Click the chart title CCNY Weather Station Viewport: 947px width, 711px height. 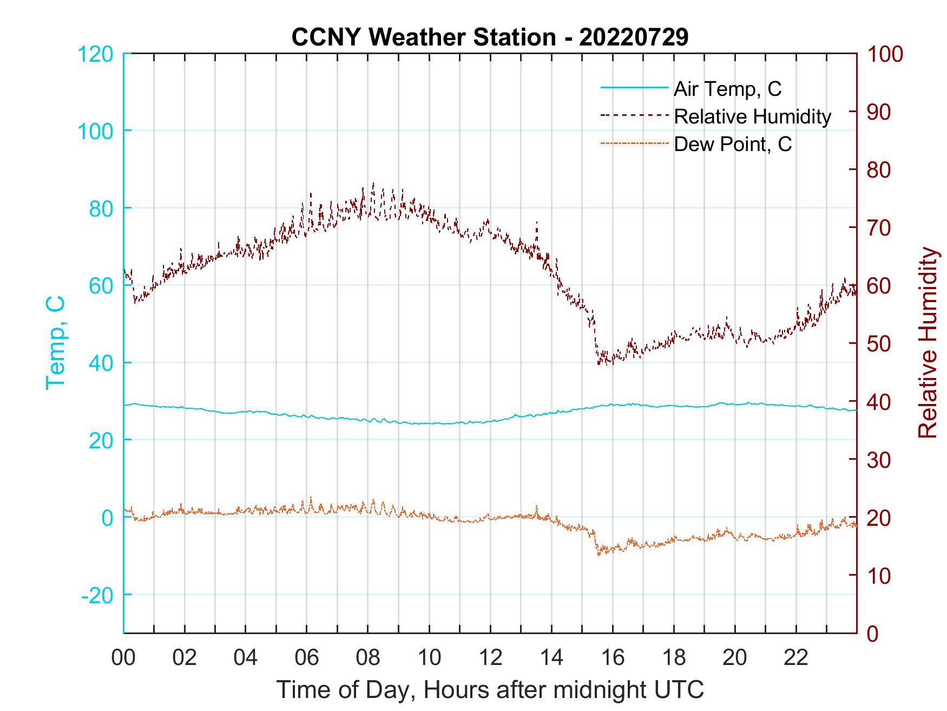pos(490,37)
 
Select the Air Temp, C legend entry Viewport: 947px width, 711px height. pos(727,89)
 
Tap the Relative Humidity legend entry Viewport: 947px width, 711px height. pos(752,116)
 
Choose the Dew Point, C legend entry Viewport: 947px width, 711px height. pos(732,145)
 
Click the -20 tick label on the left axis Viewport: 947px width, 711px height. pos(97,595)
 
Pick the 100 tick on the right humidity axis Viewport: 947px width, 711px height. pos(885,54)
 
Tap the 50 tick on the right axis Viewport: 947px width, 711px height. pos(880,344)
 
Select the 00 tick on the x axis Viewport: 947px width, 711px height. pos(123,658)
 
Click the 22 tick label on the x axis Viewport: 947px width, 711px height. pos(796,658)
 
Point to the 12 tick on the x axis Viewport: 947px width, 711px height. pos(490,658)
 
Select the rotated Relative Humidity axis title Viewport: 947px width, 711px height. pos(928,342)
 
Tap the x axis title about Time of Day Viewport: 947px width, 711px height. pos(490,690)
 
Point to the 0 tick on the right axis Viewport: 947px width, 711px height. pos(874,634)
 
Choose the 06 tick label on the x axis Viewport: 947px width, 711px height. pos(307,658)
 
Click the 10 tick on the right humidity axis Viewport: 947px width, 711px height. pos(880,576)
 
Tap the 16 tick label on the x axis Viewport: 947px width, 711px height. pos(613,658)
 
